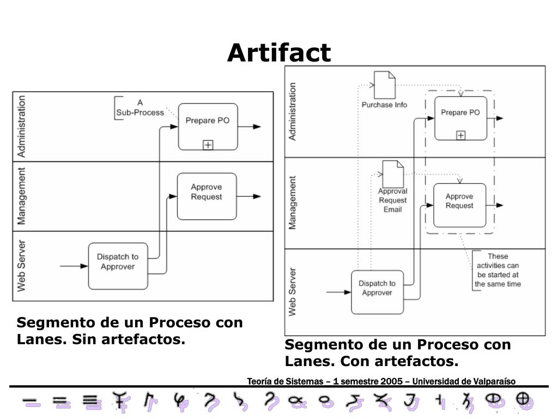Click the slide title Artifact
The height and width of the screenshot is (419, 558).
point(279,53)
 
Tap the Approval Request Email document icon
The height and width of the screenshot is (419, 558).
point(392,174)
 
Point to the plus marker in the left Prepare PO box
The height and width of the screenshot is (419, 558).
point(208,145)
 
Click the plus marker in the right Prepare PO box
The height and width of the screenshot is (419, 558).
point(460,135)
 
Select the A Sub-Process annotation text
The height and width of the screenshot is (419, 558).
point(139,107)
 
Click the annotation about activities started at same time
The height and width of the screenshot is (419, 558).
point(498,270)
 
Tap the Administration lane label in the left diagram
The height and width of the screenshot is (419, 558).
point(21,126)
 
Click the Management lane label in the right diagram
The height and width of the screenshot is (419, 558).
point(293,202)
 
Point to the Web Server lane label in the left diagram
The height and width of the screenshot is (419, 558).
point(21,266)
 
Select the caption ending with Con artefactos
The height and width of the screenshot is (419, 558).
point(398,353)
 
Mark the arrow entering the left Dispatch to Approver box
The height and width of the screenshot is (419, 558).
point(74,266)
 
